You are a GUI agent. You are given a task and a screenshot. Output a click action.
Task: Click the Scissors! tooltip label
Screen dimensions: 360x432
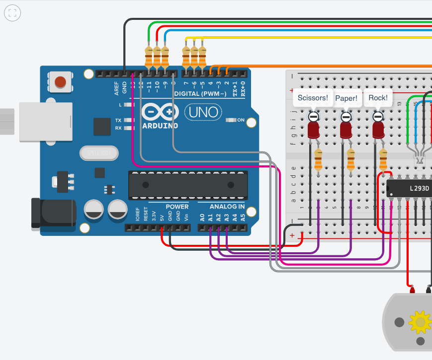point(312,98)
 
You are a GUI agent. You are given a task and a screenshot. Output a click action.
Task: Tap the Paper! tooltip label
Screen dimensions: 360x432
point(346,98)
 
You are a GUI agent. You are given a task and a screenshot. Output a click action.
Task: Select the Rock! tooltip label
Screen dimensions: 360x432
point(378,98)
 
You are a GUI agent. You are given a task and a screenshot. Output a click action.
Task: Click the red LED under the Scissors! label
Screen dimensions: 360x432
point(313,130)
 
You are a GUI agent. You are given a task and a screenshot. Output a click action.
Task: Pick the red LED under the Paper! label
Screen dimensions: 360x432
point(346,130)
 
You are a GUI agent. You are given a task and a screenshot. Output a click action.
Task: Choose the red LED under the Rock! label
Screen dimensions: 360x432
point(378,130)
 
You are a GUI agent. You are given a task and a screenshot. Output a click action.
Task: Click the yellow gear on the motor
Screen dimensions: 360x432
point(420,322)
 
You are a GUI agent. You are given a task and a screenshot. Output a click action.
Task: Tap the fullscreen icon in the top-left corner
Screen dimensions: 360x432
point(13,13)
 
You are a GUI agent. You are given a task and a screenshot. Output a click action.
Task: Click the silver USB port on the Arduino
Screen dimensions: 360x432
point(45,122)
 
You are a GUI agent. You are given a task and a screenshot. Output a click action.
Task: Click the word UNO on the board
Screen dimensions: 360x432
point(204,112)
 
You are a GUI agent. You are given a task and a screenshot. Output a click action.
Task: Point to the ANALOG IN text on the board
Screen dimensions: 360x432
point(227,207)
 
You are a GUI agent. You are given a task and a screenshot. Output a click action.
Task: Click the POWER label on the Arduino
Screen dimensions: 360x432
point(177,207)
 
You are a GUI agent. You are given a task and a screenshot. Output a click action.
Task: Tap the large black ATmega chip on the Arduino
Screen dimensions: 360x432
point(188,185)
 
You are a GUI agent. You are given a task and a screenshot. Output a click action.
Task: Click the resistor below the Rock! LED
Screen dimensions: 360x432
point(383,159)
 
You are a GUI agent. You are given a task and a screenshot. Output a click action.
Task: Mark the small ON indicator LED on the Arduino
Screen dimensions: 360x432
point(232,120)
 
